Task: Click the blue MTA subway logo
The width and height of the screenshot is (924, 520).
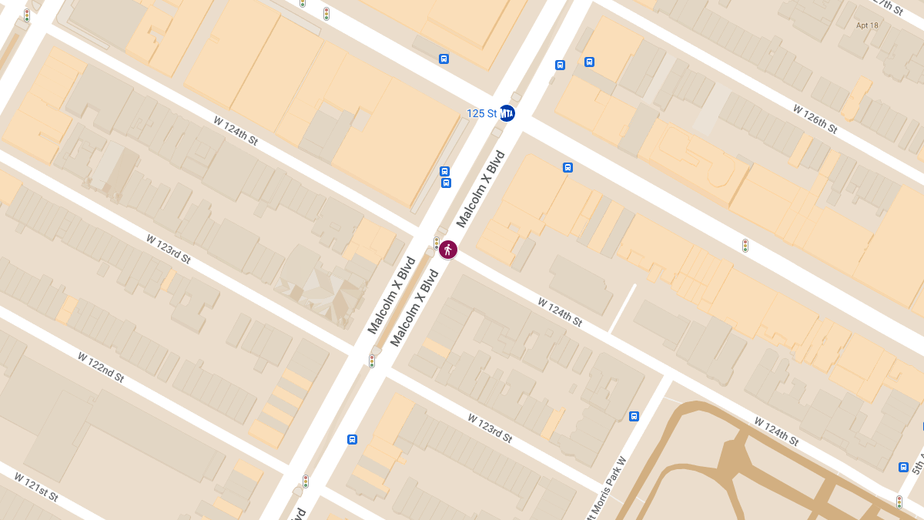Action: [x=507, y=113]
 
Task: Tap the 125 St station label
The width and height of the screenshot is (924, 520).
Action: [x=481, y=113]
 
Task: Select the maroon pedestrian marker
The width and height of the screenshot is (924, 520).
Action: [x=448, y=250]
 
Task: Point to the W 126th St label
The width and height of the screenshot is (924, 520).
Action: [x=815, y=119]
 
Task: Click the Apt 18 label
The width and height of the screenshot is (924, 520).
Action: [x=867, y=25]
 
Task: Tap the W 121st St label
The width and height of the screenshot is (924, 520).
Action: [x=35, y=487]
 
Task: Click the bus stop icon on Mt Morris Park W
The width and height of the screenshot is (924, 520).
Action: [x=634, y=417]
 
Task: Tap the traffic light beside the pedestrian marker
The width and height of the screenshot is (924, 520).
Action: [x=437, y=243]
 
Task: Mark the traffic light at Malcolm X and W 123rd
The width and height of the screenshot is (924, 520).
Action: [x=372, y=361]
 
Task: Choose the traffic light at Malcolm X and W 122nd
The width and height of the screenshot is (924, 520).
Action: [x=306, y=481]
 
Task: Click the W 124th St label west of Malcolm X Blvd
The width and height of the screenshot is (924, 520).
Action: [x=236, y=131]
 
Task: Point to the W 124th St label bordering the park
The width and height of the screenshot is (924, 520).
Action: [x=776, y=431]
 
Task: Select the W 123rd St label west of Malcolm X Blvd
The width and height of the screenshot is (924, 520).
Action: [x=169, y=249]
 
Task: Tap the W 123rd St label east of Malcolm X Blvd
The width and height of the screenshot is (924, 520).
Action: [x=490, y=428]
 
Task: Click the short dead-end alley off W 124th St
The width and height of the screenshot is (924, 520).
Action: [x=624, y=307]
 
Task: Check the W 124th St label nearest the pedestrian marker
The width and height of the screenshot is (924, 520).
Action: [x=560, y=312]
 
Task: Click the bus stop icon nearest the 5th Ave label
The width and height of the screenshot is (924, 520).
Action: [x=903, y=467]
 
